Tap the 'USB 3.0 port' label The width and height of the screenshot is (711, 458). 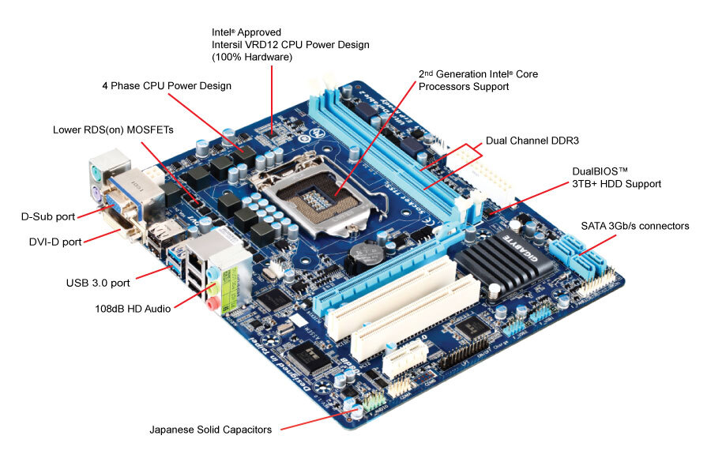tap(99, 281)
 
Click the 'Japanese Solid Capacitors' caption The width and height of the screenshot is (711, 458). tap(211, 430)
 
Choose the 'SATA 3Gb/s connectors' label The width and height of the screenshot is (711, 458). tap(635, 226)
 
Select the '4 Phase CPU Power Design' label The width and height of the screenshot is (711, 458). tap(167, 85)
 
